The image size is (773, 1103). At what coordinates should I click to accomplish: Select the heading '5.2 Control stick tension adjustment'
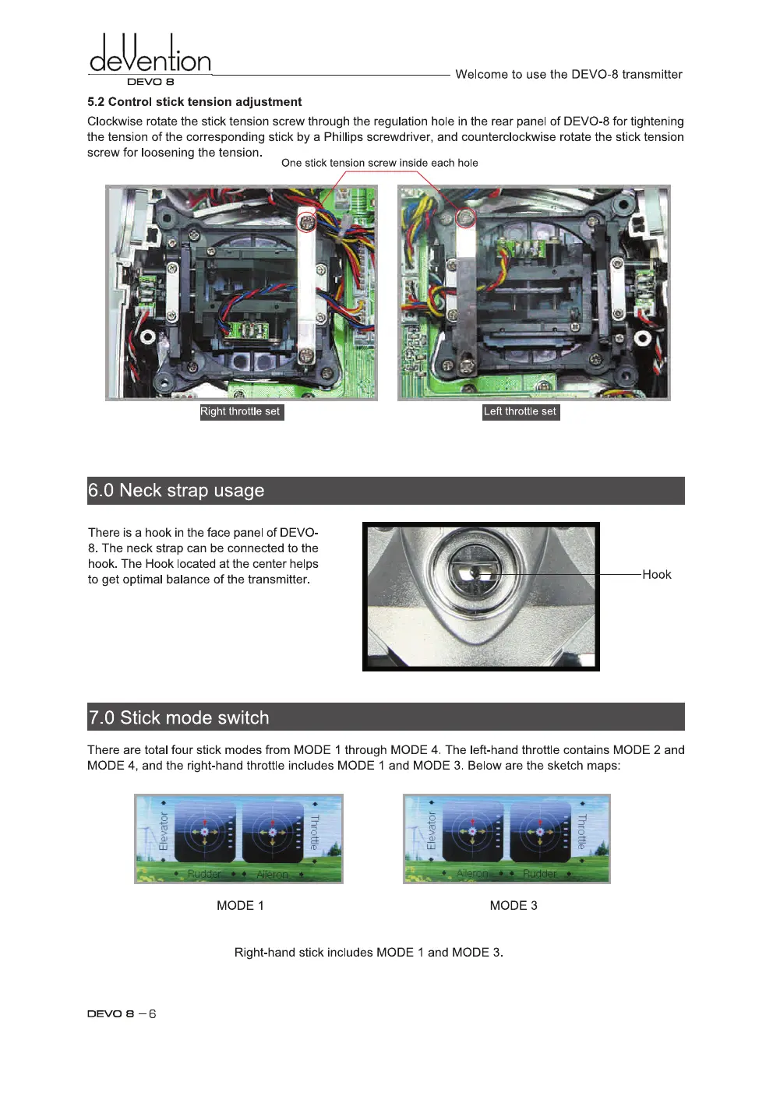click(194, 102)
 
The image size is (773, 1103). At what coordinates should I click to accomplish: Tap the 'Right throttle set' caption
click(241, 412)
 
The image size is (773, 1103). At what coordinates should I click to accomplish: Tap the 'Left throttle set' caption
click(520, 412)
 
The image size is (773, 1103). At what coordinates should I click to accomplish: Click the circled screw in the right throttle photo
click(308, 221)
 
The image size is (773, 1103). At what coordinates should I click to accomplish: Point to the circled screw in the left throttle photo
click(466, 217)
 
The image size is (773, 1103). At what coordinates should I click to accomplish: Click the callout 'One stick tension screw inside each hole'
click(379, 163)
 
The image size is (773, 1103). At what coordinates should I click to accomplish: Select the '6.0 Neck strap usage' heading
click(176, 491)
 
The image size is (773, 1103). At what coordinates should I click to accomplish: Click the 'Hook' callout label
click(656, 575)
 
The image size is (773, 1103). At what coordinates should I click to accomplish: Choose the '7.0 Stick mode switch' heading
click(178, 717)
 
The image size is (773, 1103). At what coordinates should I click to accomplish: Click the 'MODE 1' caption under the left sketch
click(240, 905)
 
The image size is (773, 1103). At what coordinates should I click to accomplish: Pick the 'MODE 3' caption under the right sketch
click(514, 905)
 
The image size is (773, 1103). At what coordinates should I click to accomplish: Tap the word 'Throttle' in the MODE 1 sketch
click(315, 832)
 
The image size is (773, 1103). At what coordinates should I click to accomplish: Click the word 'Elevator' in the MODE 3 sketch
click(432, 830)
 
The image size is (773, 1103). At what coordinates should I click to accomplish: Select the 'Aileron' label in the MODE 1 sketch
click(272, 875)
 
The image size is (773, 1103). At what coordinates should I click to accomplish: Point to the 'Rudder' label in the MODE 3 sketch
click(539, 874)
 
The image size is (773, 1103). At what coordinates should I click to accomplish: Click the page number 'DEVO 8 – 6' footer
click(122, 1013)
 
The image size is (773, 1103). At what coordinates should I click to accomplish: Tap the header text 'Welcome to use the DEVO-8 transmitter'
click(568, 75)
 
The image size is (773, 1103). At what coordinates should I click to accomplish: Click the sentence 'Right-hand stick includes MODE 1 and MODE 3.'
click(369, 952)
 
